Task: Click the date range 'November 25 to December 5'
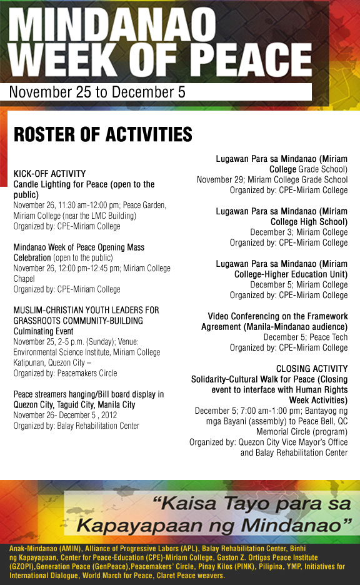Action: tap(97, 92)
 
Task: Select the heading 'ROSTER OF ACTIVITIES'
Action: tap(102, 135)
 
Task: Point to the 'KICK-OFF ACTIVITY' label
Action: tap(49, 173)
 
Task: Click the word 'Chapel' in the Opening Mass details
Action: tap(24, 279)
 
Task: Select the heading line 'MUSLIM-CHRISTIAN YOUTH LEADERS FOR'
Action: tap(86, 310)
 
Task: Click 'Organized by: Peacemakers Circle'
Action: tap(65, 373)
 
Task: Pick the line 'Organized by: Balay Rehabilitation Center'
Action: tap(76, 426)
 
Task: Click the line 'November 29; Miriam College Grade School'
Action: tap(272, 179)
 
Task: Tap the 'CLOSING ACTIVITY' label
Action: tap(311, 369)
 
